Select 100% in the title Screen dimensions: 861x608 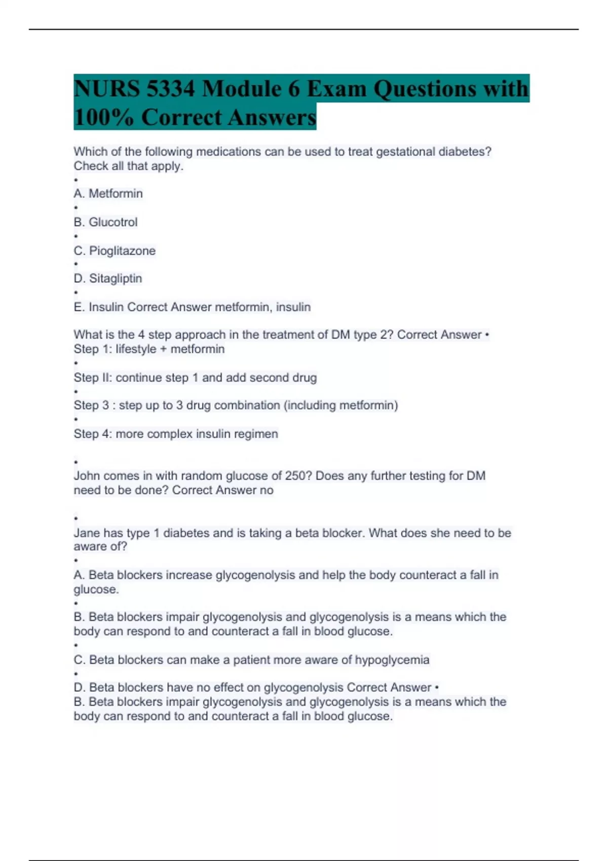(x=104, y=118)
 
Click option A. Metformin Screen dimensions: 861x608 (x=108, y=193)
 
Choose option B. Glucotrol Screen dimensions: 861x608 (x=105, y=222)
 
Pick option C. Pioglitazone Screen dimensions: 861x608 (x=115, y=251)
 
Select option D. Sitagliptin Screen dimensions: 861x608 (x=108, y=279)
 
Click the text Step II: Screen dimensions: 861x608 (x=93, y=377)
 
